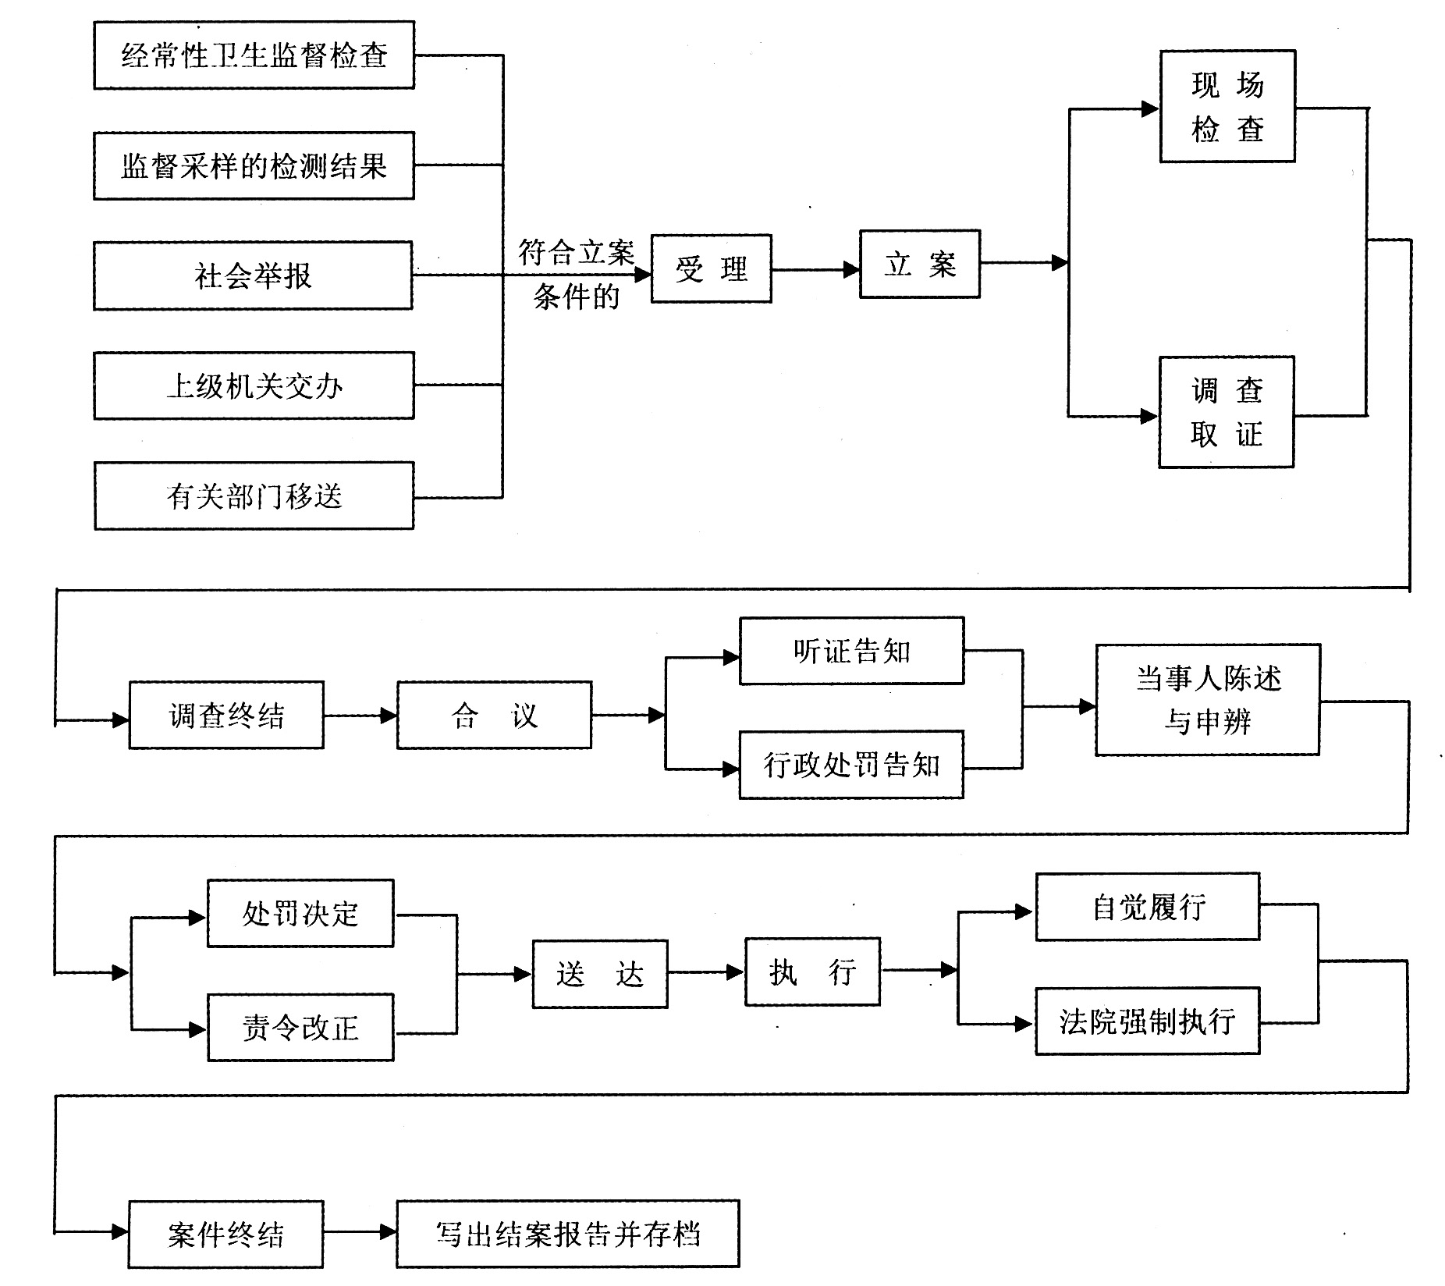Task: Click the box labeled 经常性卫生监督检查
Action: coord(254,55)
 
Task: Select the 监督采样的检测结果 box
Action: coord(254,165)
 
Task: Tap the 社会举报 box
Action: coord(253,275)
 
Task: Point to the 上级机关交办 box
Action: coord(254,385)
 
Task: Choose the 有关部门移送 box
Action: coord(254,496)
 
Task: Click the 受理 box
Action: coord(711,268)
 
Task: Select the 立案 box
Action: coord(919,264)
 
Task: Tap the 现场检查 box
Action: coord(1227,106)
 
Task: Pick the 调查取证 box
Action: coord(1226,412)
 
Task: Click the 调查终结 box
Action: coord(226,715)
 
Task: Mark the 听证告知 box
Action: coord(851,651)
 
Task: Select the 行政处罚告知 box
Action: coord(851,765)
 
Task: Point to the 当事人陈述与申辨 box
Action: coord(1207,700)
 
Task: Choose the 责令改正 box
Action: coord(300,1027)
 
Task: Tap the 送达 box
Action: coord(600,974)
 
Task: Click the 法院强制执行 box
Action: coord(1147,1021)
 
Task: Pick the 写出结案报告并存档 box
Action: coord(567,1234)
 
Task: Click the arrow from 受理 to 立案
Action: coord(815,270)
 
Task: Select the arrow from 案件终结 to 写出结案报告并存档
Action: coord(360,1232)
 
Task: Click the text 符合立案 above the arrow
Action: coord(576,252)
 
